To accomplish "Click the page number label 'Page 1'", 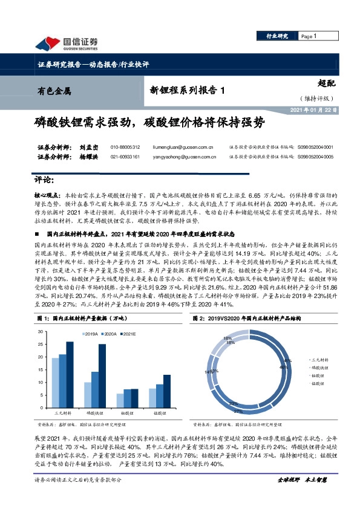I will (308, 37).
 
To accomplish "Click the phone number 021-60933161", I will (125, 157).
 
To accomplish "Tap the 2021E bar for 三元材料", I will (70, 375).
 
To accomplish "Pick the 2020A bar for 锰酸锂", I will (159, 397).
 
